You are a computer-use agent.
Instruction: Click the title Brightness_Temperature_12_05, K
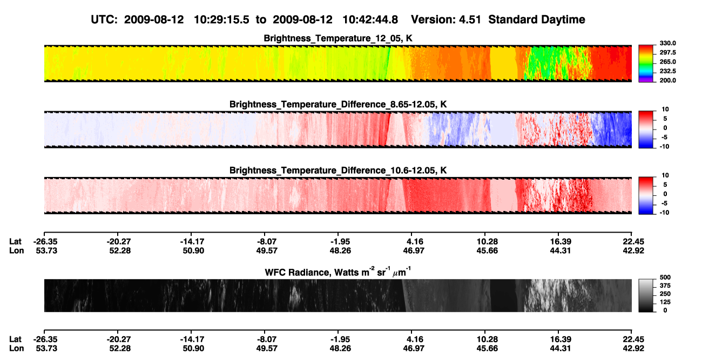338,38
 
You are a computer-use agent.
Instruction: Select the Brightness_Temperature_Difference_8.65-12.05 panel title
338,104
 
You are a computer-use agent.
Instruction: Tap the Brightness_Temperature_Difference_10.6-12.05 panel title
338,171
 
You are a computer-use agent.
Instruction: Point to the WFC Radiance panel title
338,272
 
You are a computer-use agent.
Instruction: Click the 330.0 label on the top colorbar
667,43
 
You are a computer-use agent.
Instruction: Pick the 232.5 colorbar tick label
667,71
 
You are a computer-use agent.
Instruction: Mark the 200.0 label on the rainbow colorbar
667,80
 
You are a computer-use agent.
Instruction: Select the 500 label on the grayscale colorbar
665,277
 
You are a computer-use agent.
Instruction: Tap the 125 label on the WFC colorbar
665,302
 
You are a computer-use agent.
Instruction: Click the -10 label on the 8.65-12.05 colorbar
664,147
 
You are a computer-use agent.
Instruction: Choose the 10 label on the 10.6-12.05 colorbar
665,175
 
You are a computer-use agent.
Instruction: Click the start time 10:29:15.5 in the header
221,20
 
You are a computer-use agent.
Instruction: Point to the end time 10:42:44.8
370,20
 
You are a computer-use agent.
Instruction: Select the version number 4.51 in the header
470,20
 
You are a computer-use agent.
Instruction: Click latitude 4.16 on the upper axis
415,242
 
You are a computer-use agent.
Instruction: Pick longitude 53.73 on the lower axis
46,349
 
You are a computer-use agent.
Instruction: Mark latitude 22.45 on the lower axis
633,339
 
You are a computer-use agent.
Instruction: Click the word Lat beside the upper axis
15,242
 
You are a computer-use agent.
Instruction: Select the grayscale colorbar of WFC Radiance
646,295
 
